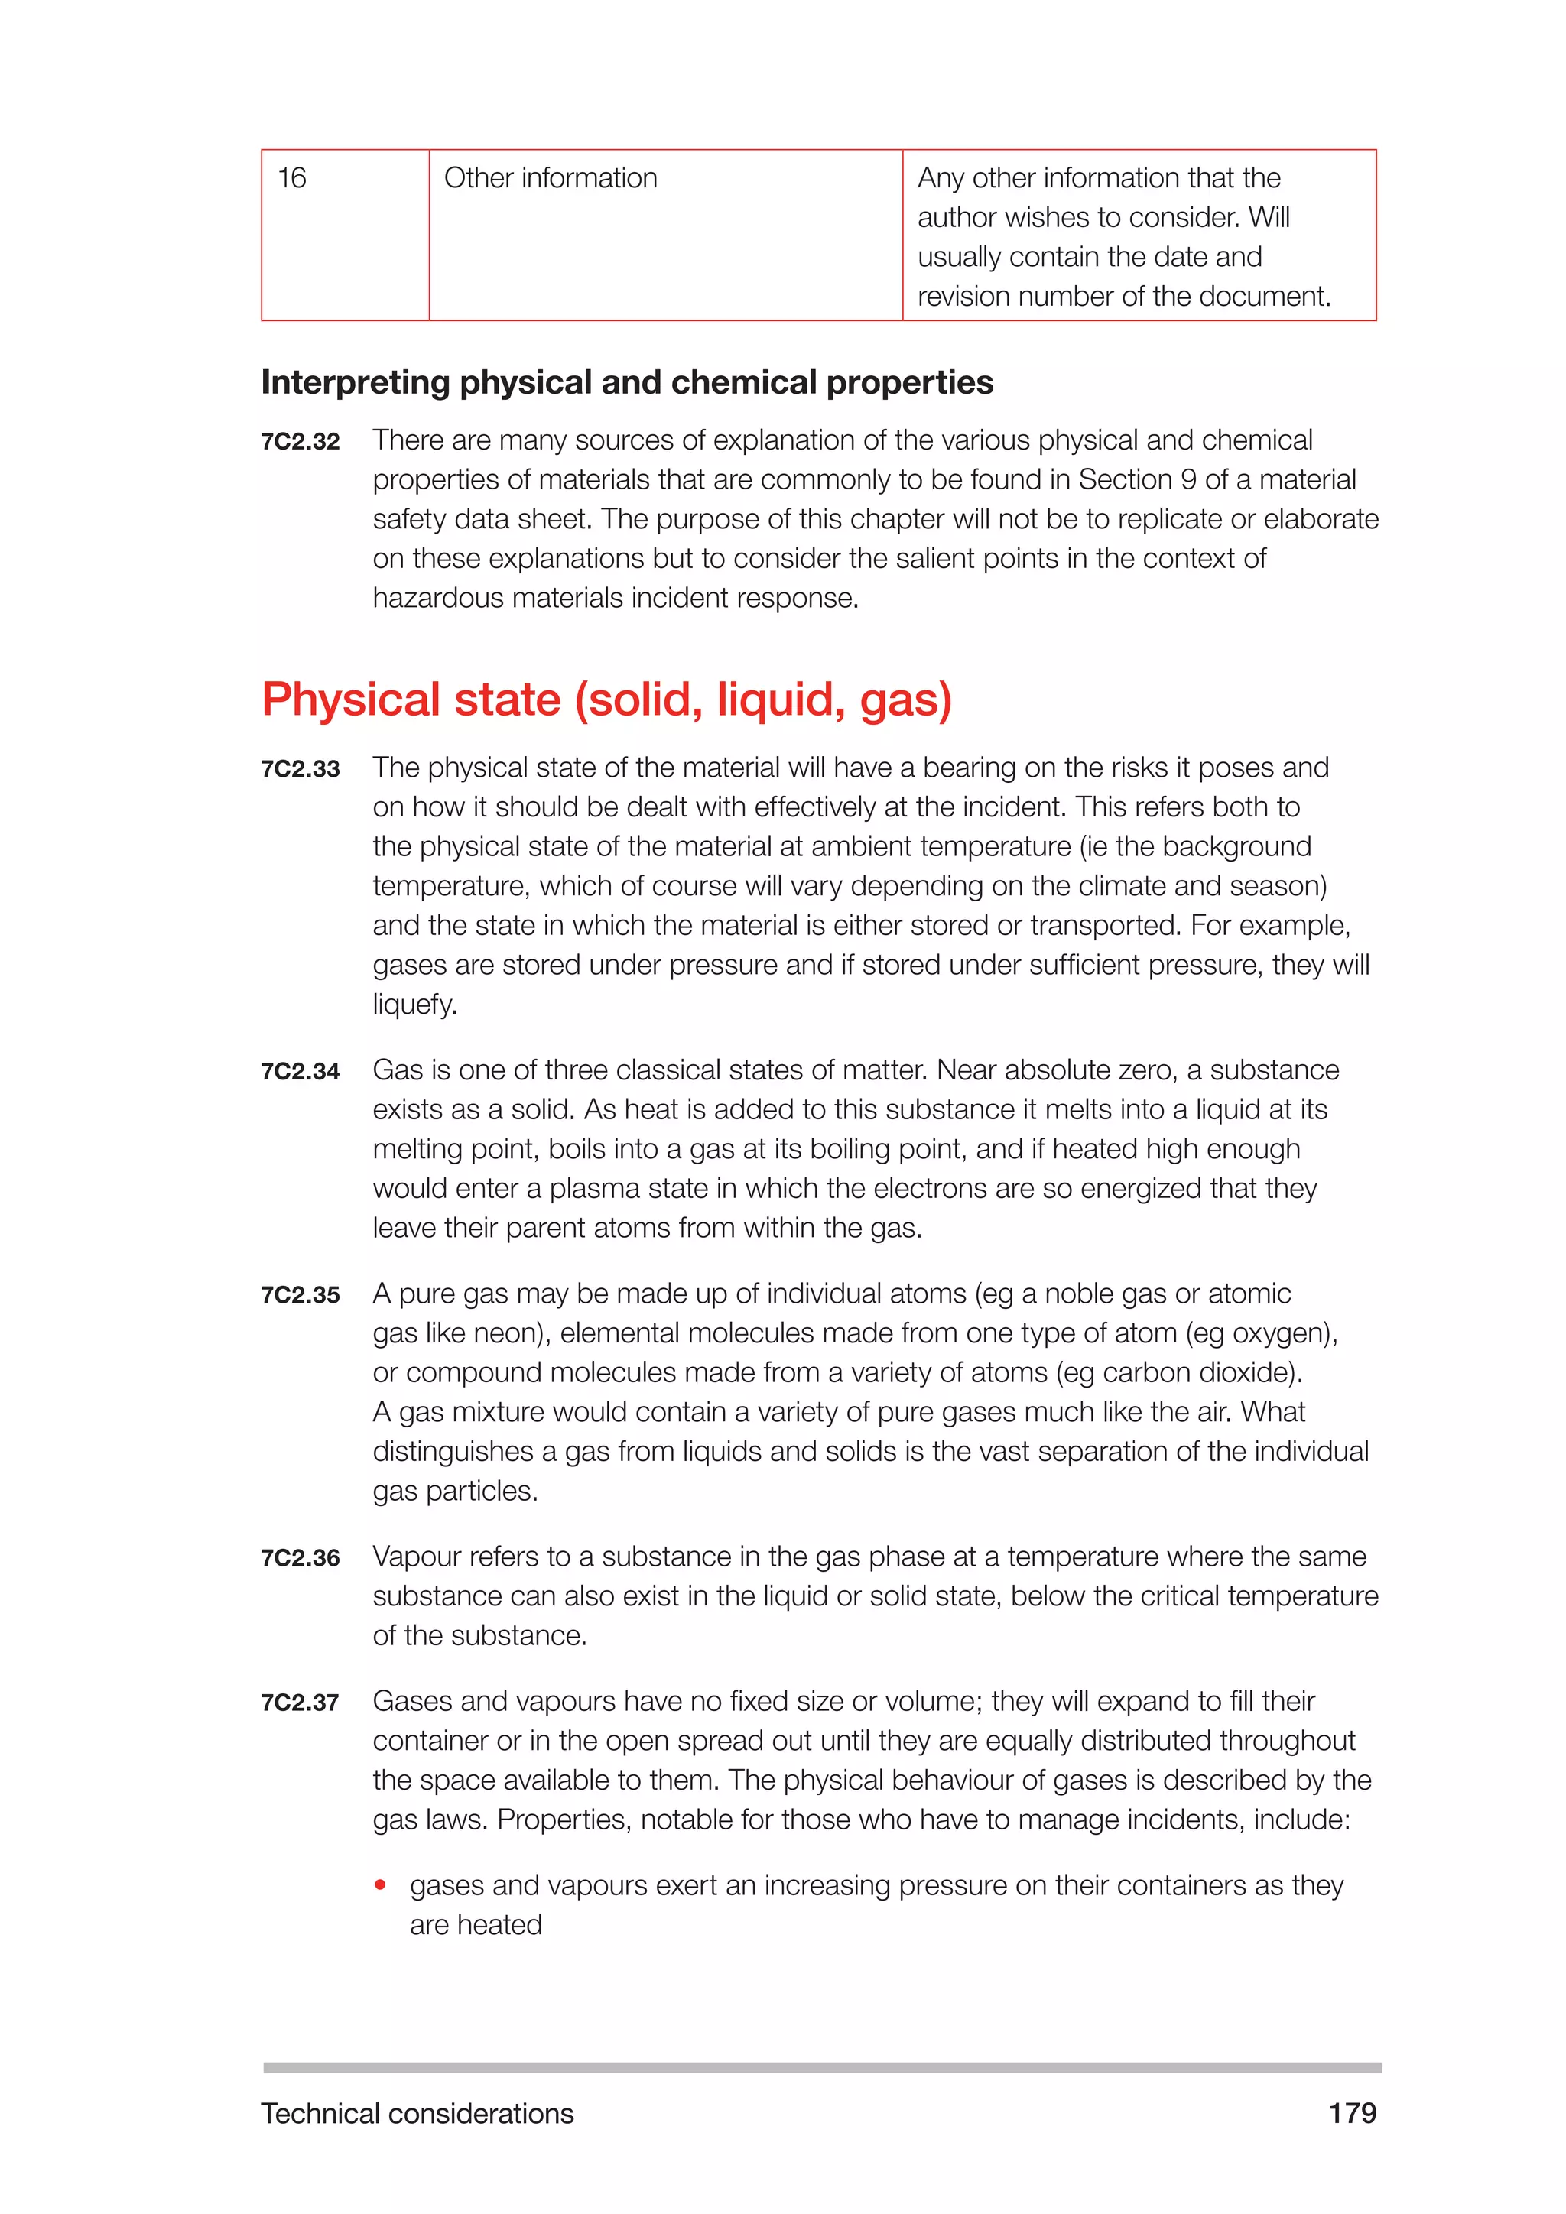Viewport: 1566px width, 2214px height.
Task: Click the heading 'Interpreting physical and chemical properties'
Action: pyautogui.click(x=627, y=383)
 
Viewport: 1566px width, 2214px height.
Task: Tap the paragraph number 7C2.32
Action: pyautogui.click(x=300, y=442)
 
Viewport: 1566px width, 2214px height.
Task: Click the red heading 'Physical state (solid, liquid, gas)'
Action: pyautogui.click(x=606, y=699)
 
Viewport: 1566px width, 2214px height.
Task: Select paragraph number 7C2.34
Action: pyautogui.click(x=300, y=1071)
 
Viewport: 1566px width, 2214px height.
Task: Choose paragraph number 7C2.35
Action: pyautogui.click(x=300, y=1295)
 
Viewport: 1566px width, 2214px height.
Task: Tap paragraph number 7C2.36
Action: pyautogui.click(x=300, y=1558)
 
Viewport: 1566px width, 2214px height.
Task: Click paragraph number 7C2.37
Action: pyautogui.click(x=300, y=1703)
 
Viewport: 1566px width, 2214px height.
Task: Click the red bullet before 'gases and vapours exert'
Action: pyautogui.click(x=381, y=1884)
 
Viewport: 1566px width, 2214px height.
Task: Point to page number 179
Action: pyautogui.click(x=1352, y=2113)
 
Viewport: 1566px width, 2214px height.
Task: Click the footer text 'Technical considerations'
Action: pyautogui.click(x=417, y=2114)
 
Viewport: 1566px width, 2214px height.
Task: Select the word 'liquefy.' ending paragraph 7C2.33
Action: pyautogui.click(x=414, y=1005)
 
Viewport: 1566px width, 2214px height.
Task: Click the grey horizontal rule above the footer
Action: pyautogui.click(x=821, y=2067)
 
